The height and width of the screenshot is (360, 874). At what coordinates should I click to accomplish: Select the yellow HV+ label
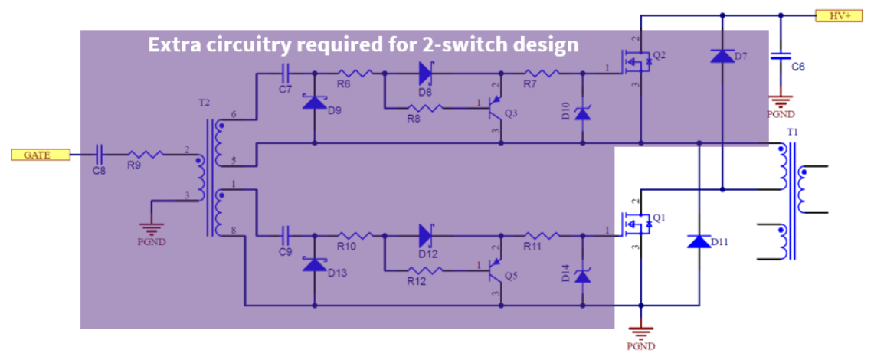pos(839,15)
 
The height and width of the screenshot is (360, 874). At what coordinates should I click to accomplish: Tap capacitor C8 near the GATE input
pos(99,155)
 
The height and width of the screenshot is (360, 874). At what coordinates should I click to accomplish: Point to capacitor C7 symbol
pos(285,74)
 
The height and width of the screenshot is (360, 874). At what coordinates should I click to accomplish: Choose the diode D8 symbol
pos(426,74)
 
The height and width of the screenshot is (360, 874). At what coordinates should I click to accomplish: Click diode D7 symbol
pos(722,55)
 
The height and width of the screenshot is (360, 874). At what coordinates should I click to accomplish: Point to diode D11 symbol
pos(699,242)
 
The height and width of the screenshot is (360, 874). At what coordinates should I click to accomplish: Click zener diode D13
pos(314,264)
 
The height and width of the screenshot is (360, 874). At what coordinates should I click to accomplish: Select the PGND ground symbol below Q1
pos(640,333)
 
